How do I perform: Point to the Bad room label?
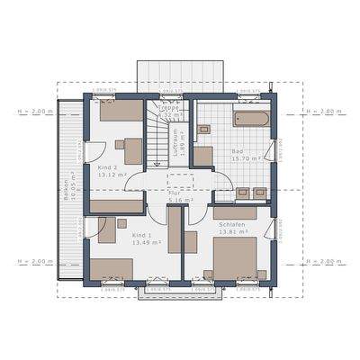pyautogui.click(x=237, y=150)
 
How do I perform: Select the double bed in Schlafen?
pyautogui.click(x=237, y=257)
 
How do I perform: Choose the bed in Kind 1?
pyautogui.click(x=111, y=268)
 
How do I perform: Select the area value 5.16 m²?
pyautogui.click(x=178, y=199)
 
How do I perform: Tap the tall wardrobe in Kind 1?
pyautogui.click(x=175, y=229)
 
